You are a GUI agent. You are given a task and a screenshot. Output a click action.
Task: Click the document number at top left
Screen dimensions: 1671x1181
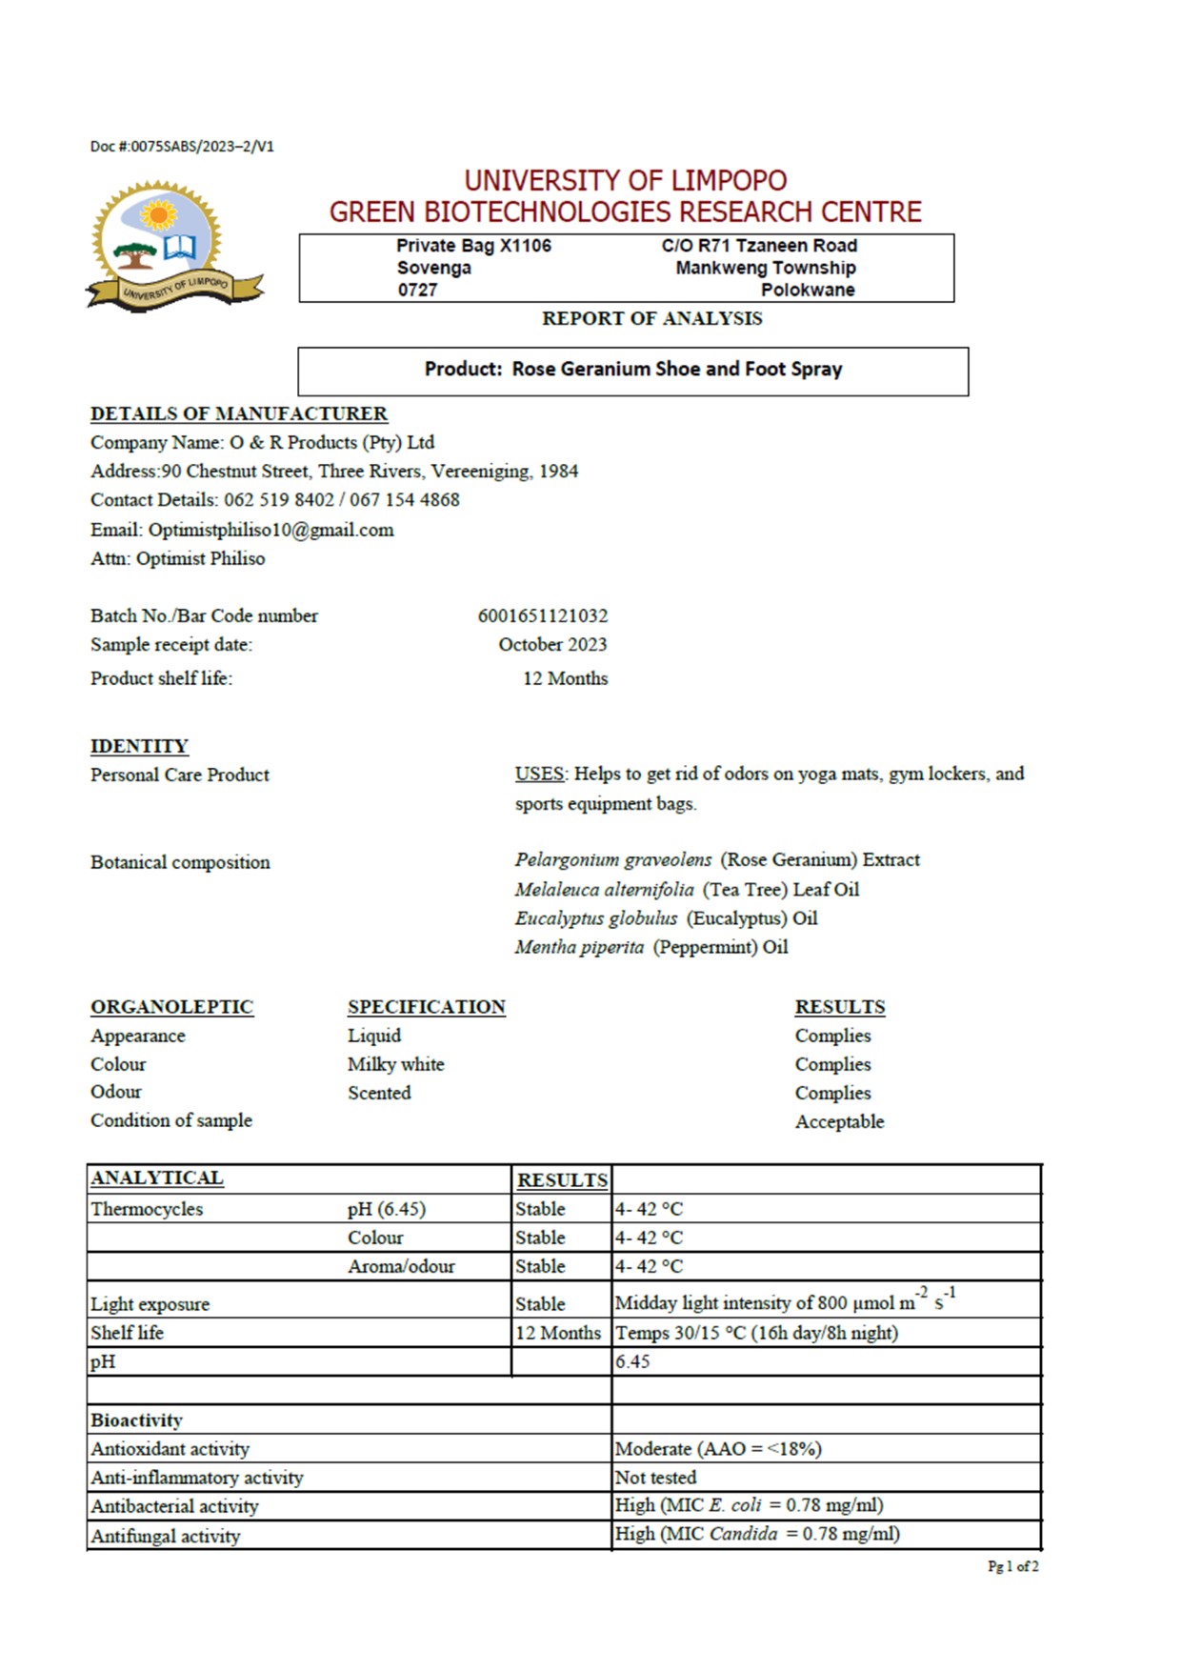pyautogui.click(x=182, y=147)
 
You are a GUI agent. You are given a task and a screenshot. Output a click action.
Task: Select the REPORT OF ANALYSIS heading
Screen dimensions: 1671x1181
pyautogui.click(x=651, y=319)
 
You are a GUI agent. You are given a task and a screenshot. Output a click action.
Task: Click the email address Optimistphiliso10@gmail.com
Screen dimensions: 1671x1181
pyautogui.click(x=270, y=531)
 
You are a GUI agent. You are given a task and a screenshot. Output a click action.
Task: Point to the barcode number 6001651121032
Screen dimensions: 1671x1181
pyautogui.click(x=542, y=616)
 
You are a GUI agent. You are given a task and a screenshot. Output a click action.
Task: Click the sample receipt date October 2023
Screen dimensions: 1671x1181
pyautogui.click(x=552, y=645)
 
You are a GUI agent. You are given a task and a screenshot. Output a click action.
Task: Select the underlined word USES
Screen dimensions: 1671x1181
pyautogui.click(x=539, y=775)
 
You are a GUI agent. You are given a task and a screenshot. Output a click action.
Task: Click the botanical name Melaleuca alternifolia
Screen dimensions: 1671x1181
pyautogui.click(x=604, y=890)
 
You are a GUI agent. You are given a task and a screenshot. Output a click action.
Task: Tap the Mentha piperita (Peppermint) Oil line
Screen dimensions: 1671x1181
pyautogui.click(x=651, y=948)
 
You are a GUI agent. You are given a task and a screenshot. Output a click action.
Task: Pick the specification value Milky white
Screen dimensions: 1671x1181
pyautogui.click(x=395, y=1065)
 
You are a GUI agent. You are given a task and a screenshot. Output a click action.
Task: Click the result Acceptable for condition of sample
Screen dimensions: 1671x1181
pyautogui.click(x=839, y=1122)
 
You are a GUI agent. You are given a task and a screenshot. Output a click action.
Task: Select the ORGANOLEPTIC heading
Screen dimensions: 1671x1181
pyautogui.click(x=171, y=1008)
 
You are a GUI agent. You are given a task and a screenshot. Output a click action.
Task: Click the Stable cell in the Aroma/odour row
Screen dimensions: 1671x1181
pyautogui.click(x=540, y=1267)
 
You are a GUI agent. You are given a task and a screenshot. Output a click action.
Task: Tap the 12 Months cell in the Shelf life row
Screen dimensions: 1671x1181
pyautogui.click(x=558, y=1334)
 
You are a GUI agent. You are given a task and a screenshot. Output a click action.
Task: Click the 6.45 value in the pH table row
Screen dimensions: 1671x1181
pyautogui.click(x=632, y=1362)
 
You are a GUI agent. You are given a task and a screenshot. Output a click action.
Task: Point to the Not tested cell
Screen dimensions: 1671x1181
pyautogui.click(x=655, y=1478)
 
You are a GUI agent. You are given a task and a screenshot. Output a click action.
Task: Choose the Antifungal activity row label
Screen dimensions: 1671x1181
pyautogui.click(x=165, y=1537)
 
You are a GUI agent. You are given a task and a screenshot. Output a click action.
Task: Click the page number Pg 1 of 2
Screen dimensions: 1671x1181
pyautogui.click(x=1012, y=1567)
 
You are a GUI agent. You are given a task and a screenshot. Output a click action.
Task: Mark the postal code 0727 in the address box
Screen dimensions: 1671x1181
pyautogui.click(x=417, y=291)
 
